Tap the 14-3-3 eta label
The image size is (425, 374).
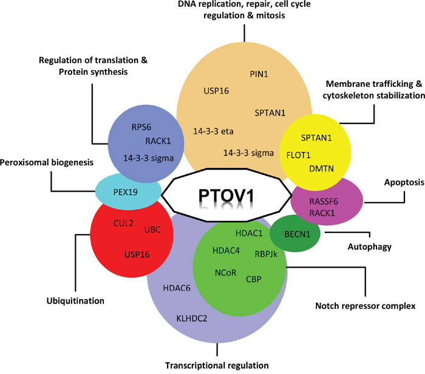coord(214,131)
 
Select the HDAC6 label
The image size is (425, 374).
coord(177,288)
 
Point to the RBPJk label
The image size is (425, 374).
coord(267,254)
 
